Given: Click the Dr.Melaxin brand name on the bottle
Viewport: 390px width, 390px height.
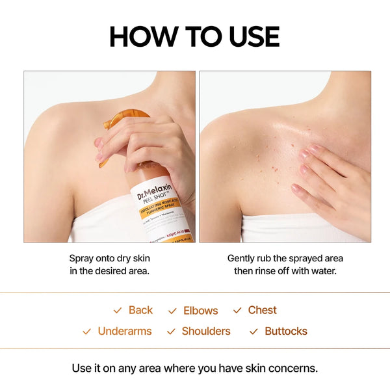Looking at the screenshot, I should pos(152,190).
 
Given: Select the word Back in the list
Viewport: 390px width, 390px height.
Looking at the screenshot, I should pos(140,310).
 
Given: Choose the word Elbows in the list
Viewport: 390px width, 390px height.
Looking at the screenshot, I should pos(200,311).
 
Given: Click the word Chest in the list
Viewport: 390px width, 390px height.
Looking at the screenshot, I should pos(262,310).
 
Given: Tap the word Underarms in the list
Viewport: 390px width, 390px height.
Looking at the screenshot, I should pos(125,331).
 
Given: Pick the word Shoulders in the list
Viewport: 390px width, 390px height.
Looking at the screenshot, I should pos(206,331).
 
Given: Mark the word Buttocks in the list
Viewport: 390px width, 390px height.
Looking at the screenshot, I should pos(285,331).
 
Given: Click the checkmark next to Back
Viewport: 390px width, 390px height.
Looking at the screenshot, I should pos(118,311).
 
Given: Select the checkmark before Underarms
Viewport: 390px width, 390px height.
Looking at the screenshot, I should pos(87,331).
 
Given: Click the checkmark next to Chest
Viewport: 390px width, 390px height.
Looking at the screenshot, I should pos(237,311).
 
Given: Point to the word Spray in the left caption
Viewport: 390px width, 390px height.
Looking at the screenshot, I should pos(83,258).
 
